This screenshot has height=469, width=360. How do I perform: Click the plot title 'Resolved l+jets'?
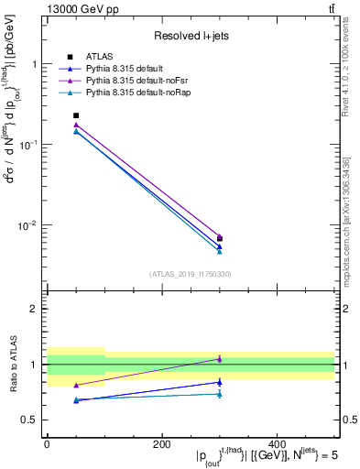pos(190,35)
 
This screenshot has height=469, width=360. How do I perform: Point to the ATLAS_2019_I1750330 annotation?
pos(190,273)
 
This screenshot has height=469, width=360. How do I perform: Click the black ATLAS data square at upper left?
pos(76,115)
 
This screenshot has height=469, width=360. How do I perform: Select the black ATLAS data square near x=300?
pos(220,238)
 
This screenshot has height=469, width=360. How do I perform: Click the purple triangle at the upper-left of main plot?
pos(76,125)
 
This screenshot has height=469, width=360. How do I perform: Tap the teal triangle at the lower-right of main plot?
pos(220,251)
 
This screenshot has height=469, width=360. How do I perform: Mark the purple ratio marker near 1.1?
pos(220,359)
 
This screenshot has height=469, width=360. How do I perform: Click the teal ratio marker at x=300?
pos(220,394)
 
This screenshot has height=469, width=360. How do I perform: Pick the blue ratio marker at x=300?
pos(220,382)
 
